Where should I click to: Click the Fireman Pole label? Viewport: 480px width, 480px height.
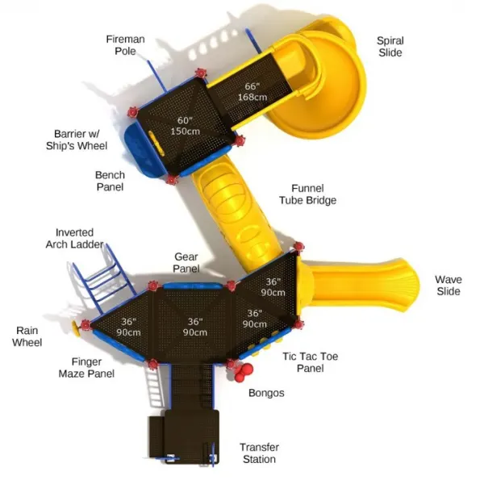click(125, 45)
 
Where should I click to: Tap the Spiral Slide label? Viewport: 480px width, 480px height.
click(390, 47)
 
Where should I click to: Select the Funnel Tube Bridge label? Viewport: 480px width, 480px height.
click(307, 194)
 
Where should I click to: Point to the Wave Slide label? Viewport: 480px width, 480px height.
click(449, 285)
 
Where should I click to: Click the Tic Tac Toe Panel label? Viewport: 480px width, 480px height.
click(310, 362)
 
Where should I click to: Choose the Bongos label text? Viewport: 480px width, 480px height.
click(266, 393)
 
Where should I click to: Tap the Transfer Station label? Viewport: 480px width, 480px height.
click(259, 453)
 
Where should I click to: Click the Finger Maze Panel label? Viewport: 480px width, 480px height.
click(86, 368)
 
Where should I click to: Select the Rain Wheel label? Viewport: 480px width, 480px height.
click(27, 336)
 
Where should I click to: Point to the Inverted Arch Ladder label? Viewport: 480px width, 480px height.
click(74, 239)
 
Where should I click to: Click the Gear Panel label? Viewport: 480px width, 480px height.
click(186, 263)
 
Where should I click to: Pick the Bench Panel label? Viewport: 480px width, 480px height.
click(110, 181)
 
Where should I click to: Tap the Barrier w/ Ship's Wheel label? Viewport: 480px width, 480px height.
click(77, 140)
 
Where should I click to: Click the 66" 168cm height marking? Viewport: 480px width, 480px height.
click(253, 92)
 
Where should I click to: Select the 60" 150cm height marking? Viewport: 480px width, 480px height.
click(185, 126)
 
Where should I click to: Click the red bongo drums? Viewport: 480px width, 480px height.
click(243, 372)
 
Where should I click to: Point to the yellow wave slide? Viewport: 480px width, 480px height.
click(358, 286)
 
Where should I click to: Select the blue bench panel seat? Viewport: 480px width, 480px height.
click(140, 150)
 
